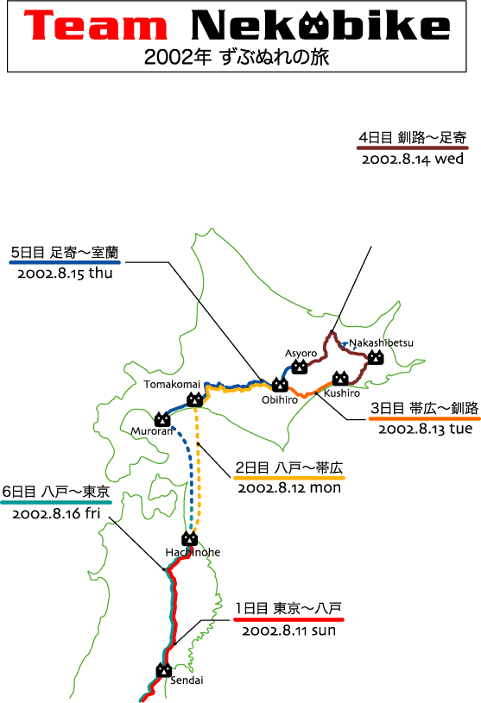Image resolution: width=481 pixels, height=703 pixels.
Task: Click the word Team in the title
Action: pyautogui.click(x=96, y=26)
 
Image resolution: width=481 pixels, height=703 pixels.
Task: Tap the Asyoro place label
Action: pyautogui.click(x=301, y=354)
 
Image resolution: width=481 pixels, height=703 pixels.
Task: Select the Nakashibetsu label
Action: pyautogui.click(x=382, y=343)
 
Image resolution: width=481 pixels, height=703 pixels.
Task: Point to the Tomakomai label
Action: pyautogui.click(x=172, y=384)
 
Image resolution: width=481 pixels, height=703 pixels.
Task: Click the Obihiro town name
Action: pyautogui.click(x=280, y=399)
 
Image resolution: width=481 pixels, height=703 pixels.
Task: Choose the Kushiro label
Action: pyautogui.click(x=342, y=393)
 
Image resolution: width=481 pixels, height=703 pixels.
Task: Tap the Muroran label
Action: pyautogui.click(x=152, y=431)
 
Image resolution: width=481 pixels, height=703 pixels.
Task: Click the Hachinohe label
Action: pyautogui.click(x=193, y=552)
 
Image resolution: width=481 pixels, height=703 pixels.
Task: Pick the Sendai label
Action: pyautogui.click(x=187, y=680)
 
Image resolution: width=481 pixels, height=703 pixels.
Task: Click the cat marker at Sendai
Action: pyautogui.click(x=164, y=670)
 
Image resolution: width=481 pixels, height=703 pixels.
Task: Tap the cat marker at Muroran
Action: pyautogui.click(x=162, y=419)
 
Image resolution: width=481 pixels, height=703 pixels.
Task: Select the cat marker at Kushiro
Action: pyautogui.click(x=340, y=379)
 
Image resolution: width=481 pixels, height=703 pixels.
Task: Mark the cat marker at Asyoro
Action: pyautogui.click(x=300, y=367)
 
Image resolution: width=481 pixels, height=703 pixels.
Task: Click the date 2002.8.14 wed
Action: pyautogui.click(x=413, y=160)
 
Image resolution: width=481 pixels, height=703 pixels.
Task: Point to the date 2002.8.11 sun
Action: pyautogui.click(x=289, y=631)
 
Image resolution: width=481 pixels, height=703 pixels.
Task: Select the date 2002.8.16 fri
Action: pyautogui.click(x=56, y=513)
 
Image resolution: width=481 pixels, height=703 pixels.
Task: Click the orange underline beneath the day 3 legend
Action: pyautogui.click(x=425, y=418)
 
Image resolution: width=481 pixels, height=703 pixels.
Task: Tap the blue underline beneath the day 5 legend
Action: pyautogui.click(x=65, y=262)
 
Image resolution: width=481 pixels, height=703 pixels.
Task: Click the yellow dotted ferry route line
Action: pyautogui.click(x=198, y=471)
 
